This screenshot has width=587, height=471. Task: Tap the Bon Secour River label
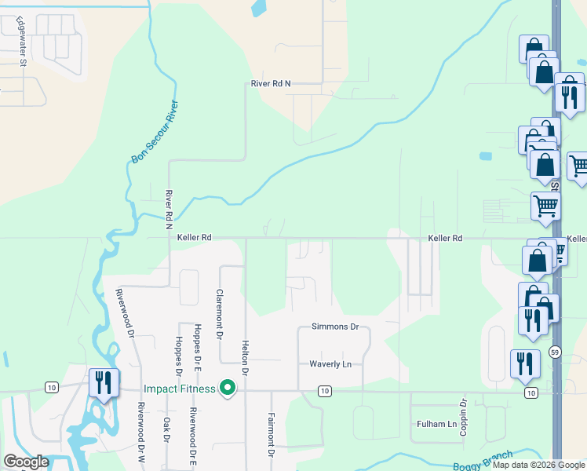click(x=155, y=132)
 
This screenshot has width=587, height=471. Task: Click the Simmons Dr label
click(x=334, y=327)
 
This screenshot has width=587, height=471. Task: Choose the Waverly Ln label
click(x=330, y=364)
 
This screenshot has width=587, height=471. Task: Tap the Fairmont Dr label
click(x=271, y=435)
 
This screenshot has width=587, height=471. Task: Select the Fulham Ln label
click(x=436, y=424)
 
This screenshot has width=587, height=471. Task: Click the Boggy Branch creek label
click(x=483, y=460)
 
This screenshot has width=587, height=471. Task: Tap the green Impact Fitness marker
click(x=228, y=388)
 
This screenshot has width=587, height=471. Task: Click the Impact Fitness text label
click(x=179, y=389)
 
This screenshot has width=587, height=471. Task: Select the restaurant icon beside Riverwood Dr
click(x=104, y=383)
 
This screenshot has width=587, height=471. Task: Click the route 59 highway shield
click(x=555, y=351)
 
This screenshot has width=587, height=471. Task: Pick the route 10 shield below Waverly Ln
click(x=323, y=390)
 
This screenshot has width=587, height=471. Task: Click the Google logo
click(x=26, y=462)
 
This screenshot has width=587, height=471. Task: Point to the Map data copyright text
click(x=538, y=465)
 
